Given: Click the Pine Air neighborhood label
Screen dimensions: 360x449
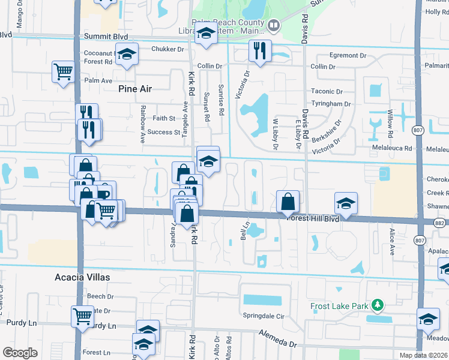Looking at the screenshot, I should point(135,89).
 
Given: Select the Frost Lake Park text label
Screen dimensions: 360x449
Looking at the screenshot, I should point(339,307).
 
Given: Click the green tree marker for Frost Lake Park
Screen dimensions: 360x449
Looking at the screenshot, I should point(376,306).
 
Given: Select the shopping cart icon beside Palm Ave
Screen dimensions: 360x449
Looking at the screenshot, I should point(63,73).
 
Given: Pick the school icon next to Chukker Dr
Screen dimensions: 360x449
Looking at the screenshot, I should point(127,55).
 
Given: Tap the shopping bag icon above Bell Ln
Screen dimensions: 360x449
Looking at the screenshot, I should point(288,201).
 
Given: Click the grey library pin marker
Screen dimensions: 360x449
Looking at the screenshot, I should point(274,25).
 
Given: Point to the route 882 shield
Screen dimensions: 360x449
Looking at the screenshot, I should point(444,222).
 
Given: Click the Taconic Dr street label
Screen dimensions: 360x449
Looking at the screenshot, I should point(327,92).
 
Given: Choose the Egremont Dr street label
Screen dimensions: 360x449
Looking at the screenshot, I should point(343,55).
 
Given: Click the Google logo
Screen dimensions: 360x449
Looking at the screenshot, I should point(20,352).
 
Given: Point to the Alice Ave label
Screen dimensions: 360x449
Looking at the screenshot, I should point(392,242).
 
